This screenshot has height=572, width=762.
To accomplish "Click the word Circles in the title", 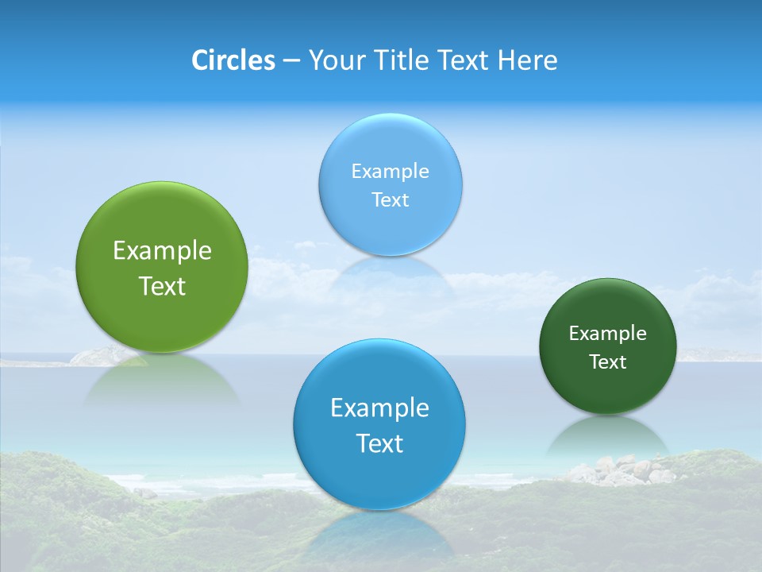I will coord(233,60).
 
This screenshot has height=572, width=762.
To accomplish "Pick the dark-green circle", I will coord(607,389).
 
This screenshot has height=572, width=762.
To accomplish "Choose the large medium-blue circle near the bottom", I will coord(379,477).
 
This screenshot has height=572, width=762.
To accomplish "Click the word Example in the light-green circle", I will coord(162,251).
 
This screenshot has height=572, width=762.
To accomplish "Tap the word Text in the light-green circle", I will coord(162,286).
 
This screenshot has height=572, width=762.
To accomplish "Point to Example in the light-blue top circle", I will coord(390,172).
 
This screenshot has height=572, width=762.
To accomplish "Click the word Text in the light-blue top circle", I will coord(390,200).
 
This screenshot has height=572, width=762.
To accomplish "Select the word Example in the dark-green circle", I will coord(607,334).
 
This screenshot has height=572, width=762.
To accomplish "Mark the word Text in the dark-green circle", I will coord(607,362).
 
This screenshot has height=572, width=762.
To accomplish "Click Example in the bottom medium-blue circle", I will coord(379,408).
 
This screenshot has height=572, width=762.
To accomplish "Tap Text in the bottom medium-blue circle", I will coord(379,443).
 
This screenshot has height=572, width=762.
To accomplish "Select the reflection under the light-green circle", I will coord(162,381).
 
